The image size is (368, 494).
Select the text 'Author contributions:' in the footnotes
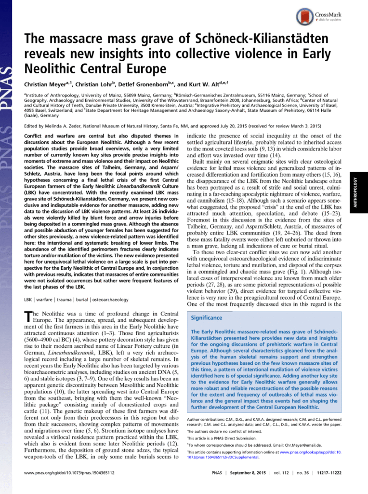coord(208,419)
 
